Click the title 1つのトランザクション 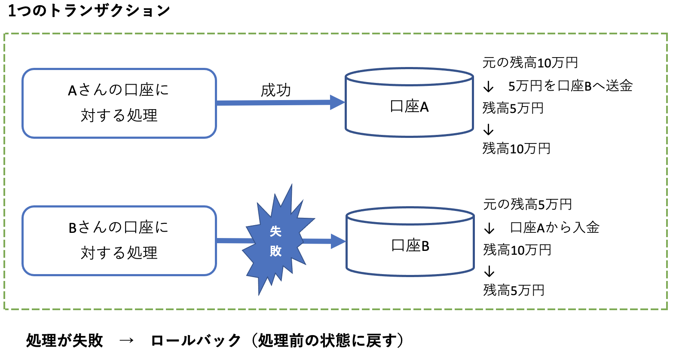(x=89, y=10)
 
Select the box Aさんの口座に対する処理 (x=119, y=103)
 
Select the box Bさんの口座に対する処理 (x=119, y=241)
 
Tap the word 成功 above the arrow (x=275, y=91)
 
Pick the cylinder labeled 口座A (x=409, y=107)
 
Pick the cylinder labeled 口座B (x=410, y=246)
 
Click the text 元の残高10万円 (x=530, y=63)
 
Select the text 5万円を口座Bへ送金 (x=570, y=86)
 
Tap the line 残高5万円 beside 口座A (x=513, y=108)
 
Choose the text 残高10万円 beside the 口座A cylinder (x=516, y=149)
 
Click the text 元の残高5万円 (x=527, y=204)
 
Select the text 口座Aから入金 (x=554, y=227)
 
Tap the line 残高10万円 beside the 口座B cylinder (x=517, y=250)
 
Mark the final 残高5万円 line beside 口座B (x=514, y=290)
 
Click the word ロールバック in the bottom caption (x=196, y=340)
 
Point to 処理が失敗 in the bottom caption (x=64, y=340)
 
